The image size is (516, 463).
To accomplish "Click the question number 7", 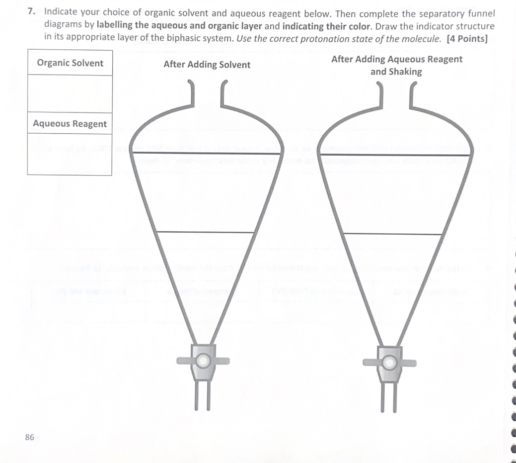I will click(x=31, y=11).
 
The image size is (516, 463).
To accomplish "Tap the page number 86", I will click(x=29, y=437).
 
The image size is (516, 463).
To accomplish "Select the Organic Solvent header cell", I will click(x=70, y=63).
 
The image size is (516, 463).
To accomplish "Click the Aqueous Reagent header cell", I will click(x=70, y=123).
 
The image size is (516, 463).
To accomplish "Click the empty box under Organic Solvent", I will click(x=70, y=93).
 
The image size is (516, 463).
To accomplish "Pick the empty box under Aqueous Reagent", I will click(x=70, y=154).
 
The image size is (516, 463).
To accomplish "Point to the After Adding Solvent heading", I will click(x=207, y=65).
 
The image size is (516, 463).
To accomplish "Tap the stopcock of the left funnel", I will click(x=203, y=361).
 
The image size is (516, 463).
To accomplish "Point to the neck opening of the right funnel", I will click(x=396, y=94).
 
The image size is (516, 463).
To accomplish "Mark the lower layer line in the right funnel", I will click(x=392, y=234).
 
